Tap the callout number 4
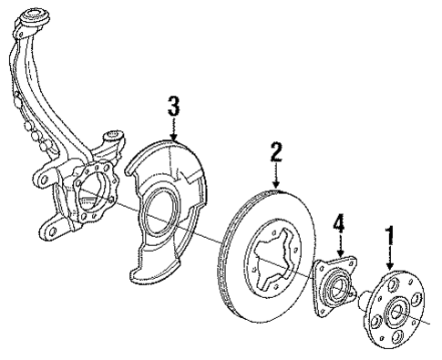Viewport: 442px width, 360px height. [338, 223]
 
